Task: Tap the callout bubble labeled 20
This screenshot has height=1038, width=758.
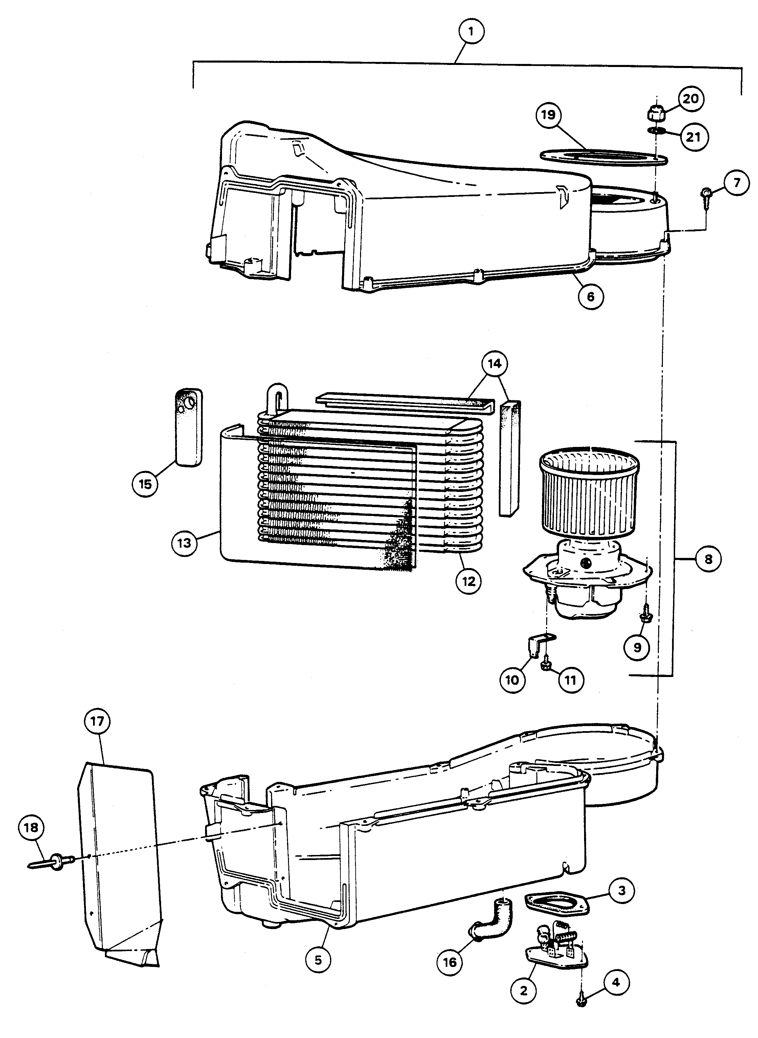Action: point(691,98)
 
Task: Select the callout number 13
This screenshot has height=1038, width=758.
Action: point(184,543)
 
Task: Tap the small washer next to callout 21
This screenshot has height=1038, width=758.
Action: point(656,131)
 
